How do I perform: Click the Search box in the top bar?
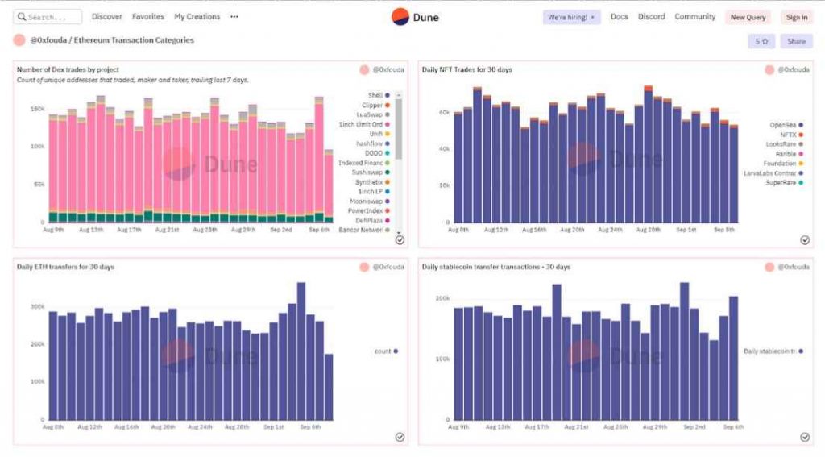(x=48, y=17)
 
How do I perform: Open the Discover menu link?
(x=107, y=17)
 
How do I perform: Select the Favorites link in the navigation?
(x=148, y=17)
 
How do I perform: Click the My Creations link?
(x=197, y=17)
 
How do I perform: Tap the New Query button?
(x=748, y=17)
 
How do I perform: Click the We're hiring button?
(x=571, y=17)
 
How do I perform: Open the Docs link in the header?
(x=619, y=17)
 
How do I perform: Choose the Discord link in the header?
(x=652, y=17)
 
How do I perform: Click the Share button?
(x=796, y=41)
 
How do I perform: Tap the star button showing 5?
(x=761, y=41)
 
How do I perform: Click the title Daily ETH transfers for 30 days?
(x=65, y=267)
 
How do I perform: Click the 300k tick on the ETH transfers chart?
(x=36, y=307)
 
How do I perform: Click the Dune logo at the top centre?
(x=415, y=17)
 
